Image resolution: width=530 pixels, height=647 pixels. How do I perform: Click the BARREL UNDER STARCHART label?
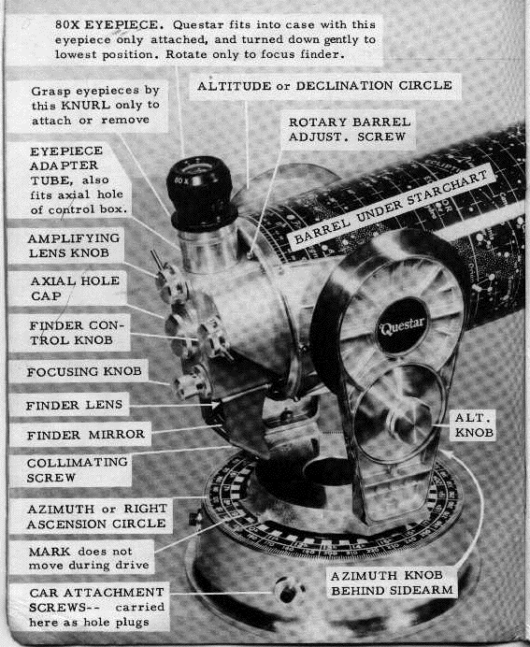[x=391, y=208]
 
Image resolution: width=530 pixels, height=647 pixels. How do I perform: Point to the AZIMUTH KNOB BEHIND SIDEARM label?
[x=392, y=583]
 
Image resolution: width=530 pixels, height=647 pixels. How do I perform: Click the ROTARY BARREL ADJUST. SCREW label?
[x=350, y=129]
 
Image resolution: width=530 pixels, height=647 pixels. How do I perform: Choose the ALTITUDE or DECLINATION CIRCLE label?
[x=324, y=86]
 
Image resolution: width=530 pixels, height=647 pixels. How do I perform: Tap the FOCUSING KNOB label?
[x=84, y=372]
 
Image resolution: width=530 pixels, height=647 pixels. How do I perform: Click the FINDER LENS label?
[x=74, y=405]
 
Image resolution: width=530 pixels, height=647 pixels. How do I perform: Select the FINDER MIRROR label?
[x=86, y=435]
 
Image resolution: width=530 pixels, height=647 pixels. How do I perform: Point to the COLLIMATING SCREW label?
[x=78, y=470]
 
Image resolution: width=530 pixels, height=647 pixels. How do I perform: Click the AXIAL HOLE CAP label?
[x=75, y=288]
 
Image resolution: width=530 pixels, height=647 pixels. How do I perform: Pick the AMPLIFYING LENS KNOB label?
[x=74, y=246]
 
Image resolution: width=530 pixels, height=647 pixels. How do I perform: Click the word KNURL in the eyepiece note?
[x=86, y=106]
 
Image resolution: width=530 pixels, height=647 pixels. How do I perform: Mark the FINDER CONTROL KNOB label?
[x=77, y=333]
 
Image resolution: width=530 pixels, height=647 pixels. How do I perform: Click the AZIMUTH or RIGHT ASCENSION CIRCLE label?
[x=97, y=516]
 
